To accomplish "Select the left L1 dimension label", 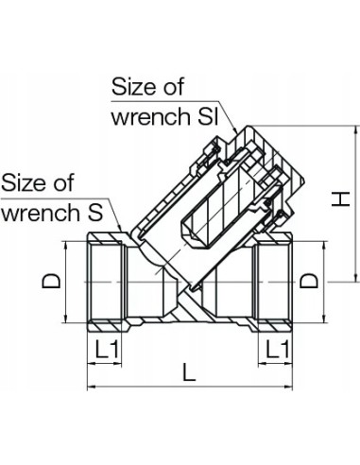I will pos(106,348).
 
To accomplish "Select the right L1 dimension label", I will pos(276,348).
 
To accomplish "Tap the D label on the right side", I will pos(307,281).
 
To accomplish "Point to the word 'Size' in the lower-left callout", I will pos(24,181).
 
